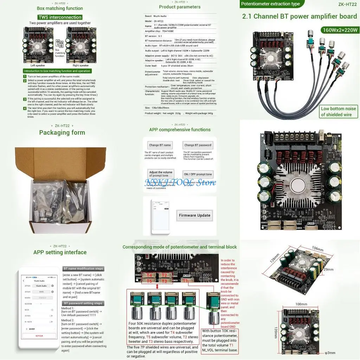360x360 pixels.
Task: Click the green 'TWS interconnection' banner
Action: click(60, 17)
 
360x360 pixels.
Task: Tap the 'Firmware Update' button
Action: click(194, 216)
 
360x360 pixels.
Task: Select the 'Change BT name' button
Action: click(160, 145)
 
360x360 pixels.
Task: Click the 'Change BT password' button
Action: click(198, 145)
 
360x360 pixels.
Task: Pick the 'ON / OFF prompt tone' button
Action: click(198, 174)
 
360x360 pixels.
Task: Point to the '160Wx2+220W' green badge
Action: click(339, 30)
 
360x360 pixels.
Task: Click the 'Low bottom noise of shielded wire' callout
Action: click(338, 111)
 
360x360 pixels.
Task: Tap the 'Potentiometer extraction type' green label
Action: click(270, 4)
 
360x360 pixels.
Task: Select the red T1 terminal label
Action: click(186, 281)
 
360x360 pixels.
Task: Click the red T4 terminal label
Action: click(149, 275)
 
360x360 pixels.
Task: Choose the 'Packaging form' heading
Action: click(62, 133)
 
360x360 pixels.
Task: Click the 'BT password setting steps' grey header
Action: click(83, 303)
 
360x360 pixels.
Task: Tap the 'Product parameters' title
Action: click(180, 7)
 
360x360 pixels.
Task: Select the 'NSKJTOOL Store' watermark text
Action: click(180, 183)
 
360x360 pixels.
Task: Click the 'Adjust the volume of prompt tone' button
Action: click(161, 174)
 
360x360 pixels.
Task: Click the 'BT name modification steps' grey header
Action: click(83, 269)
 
